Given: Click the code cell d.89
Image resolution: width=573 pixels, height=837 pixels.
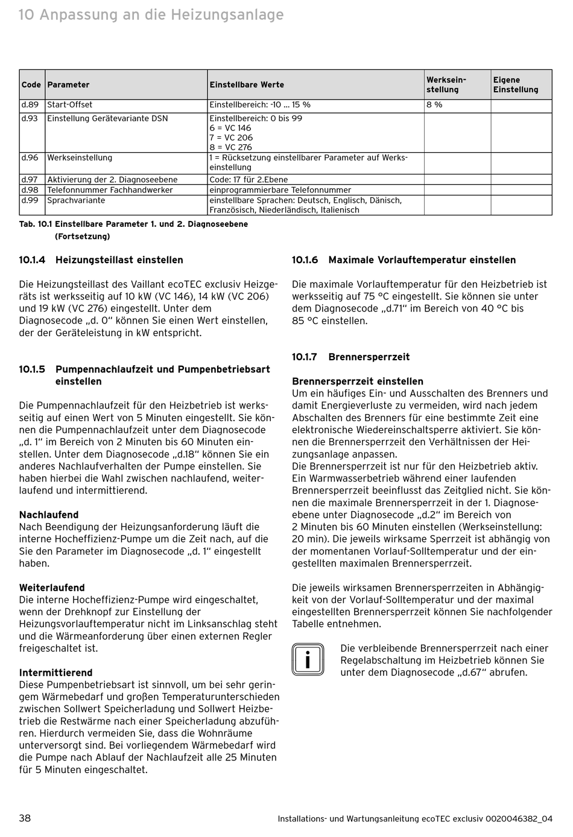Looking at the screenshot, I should click(30, 105).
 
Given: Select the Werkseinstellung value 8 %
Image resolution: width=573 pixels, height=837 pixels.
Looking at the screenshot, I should click(434, 105).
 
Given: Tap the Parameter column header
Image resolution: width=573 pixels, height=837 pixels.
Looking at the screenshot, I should click(68, 85).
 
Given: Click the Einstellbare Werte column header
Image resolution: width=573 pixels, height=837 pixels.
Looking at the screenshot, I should click(247, 85).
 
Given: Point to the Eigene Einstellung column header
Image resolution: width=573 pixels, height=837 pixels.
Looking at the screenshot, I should click(515, 85).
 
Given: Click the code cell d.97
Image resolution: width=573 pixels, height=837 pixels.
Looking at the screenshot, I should click(30, 180).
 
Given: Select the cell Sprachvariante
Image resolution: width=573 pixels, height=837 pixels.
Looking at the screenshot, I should click(77, 200).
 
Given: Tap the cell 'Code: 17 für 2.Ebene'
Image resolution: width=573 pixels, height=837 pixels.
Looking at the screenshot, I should click(249, 180).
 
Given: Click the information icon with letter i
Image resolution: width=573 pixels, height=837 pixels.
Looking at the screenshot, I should click(308, 660).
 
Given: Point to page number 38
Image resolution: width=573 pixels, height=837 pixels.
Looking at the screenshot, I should click(25, 818).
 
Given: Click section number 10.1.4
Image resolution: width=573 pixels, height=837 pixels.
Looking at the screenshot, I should click(32, 260).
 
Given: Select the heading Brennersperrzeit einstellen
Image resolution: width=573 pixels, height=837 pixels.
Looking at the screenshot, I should click(358, 381).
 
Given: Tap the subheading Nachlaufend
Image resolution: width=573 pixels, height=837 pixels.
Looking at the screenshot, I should click(49, 515).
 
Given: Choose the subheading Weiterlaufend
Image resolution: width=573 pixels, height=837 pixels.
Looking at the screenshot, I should click(52, 588).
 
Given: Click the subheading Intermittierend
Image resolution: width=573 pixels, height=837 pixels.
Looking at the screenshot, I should click(56, 673).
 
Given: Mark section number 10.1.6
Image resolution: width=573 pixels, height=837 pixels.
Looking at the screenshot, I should click(305, 260).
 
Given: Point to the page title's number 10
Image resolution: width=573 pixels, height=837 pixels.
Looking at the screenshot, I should click(26, 14).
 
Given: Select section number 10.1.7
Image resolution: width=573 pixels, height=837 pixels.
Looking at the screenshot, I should click(305, 357).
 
